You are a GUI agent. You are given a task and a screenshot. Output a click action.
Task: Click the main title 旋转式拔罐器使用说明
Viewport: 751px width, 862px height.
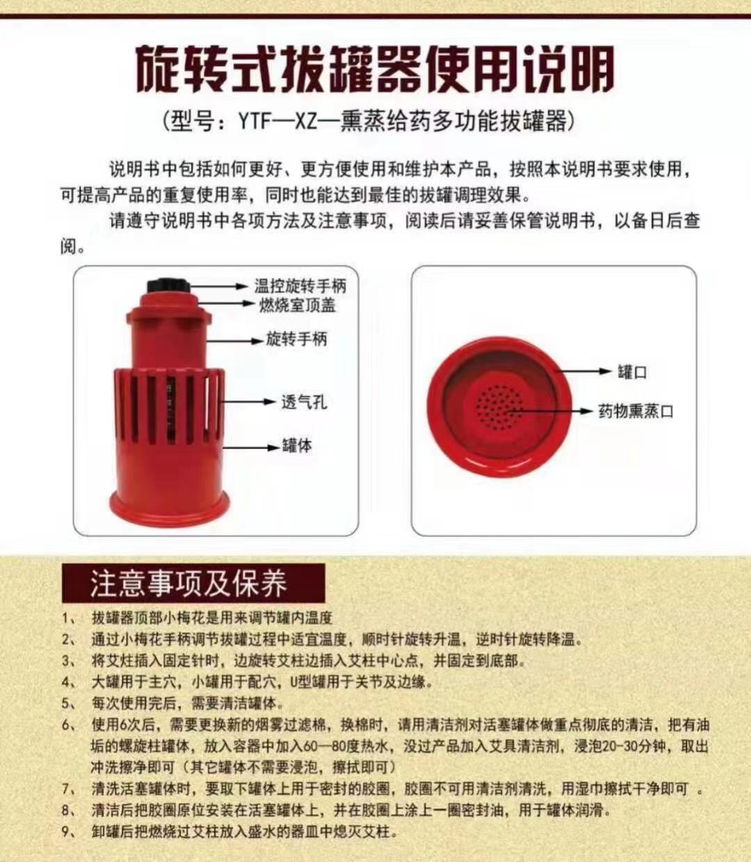(x=375, y=70)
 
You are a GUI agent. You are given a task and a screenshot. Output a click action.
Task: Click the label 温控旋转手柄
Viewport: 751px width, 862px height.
(x=300, y=286)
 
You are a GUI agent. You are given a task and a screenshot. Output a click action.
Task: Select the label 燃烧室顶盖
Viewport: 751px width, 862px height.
(x=297, y=304)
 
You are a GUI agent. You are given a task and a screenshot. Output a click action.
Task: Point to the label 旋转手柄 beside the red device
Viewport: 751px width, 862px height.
(x=296, y=339)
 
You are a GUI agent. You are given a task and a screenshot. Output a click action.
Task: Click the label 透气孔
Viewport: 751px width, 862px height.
(x=304, y=402)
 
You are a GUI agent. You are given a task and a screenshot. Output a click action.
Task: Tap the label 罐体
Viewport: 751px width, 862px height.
(x=297, y=446)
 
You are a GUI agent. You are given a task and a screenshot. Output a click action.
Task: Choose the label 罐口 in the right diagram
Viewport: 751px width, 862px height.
(x=633, y=372)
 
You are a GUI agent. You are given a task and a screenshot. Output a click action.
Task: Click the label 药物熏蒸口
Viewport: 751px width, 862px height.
(x=636, y=412)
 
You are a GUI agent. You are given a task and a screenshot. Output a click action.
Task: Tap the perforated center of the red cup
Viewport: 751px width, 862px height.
(x=499, y=407)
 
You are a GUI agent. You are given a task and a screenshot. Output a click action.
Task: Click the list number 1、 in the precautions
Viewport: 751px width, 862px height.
(x=68, y=618)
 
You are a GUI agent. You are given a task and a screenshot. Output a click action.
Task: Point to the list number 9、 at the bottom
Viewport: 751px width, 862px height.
(x=68, y=831)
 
